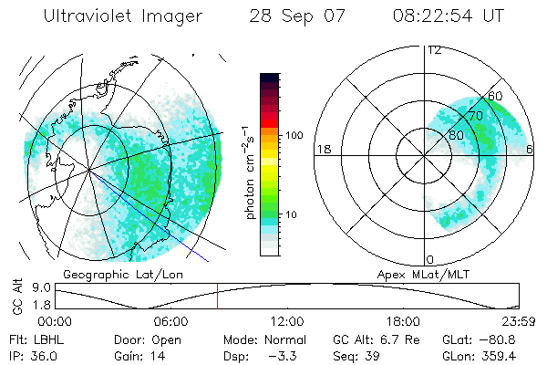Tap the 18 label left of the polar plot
point(322,149)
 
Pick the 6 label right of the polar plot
point(531,149)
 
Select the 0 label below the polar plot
point(430,259)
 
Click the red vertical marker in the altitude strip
point(217,297)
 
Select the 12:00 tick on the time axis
point(287,321)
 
